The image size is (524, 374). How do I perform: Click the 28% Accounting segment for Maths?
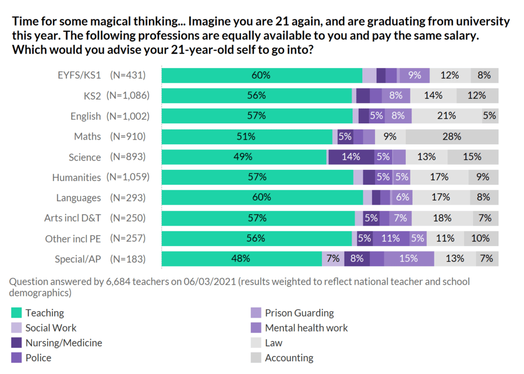tap(452, 137)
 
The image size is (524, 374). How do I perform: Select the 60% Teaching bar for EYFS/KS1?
tap(261, 75)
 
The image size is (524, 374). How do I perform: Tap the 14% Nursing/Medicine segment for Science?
tap(351, 157)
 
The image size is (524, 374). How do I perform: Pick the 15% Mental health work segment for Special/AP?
tap(409, 259)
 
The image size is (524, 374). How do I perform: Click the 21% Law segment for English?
tap(447, 116)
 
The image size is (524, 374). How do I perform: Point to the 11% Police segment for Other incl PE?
tap(391, 238)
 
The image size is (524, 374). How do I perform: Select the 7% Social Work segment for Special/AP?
tap(333, 259)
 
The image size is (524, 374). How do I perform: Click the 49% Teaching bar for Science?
tap(244, 157)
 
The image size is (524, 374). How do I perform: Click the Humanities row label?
tap(76, 178)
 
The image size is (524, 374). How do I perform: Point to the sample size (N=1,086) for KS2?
tap(128, 96)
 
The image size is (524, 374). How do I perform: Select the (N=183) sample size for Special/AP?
tap(128, 259)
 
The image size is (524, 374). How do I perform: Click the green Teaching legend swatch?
tap(17, 313)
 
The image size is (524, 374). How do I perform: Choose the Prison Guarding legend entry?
tap(299, 313)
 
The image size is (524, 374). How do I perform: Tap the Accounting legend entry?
tap(289, 358)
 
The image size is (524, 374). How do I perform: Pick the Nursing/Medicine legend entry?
tap(63, 343)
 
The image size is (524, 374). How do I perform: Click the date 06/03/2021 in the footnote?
tap(186, 282)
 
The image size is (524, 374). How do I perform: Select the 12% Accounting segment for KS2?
tap(477, 96)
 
